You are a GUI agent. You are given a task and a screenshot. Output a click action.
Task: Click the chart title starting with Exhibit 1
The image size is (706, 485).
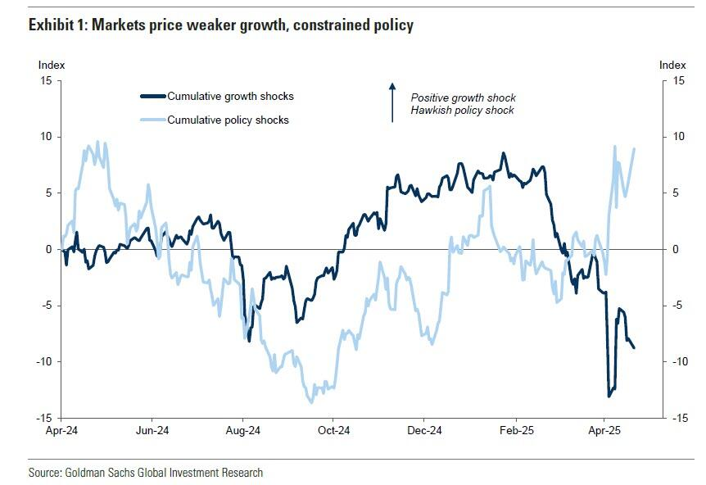[221, 25]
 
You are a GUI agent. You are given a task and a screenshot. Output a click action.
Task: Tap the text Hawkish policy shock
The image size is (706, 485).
[462, 110]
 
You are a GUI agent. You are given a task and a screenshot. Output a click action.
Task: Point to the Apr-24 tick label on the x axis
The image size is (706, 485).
[61, 429]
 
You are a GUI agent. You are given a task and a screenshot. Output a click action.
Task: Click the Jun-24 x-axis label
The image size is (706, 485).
[152, 429]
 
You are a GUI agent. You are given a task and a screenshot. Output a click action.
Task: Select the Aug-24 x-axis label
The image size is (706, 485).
[242, 429]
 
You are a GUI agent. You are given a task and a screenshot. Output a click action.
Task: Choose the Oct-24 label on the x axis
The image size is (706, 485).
[333, 429]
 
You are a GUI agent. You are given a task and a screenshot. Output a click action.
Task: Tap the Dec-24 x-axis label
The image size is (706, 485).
[424, 429]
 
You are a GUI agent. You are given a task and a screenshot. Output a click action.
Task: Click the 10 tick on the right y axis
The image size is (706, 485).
[677, 137]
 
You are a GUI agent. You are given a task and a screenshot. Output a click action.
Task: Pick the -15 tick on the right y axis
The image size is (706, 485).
[679, 418]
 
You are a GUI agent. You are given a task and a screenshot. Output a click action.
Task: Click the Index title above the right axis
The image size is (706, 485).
[672, 64]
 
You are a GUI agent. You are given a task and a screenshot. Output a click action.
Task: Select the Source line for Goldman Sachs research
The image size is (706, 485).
[146, 473]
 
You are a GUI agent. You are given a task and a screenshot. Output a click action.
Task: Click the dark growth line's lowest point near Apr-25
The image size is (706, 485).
[609, 397]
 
